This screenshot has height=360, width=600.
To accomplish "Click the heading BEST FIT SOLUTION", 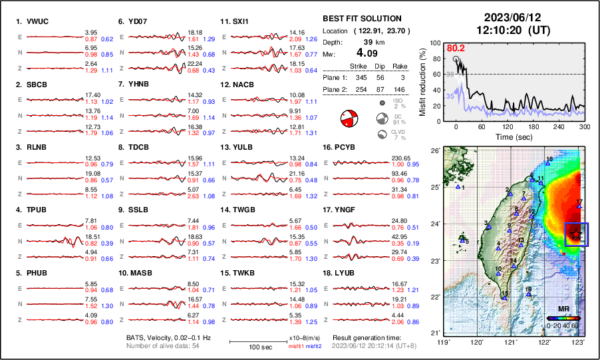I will click(362, 19).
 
